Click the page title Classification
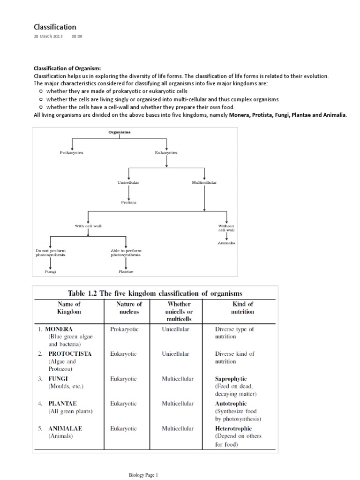(x=55, y=27)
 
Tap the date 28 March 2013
(x=48, y=36)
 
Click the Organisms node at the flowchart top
(x=120, y=133)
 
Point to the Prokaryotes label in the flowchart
(x=71, y=152)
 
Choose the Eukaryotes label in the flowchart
(x=166, y=152)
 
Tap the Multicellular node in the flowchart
(x=204, y=182)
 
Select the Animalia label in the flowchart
(x=226, y=243)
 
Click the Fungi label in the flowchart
(x=50, y=271)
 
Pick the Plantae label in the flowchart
(x=126, y=271)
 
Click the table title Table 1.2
(x=155, y=294)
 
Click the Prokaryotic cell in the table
(x=124, y=329)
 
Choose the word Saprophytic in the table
(x=231, y=379)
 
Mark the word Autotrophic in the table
(x=231, y=404)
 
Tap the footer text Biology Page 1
(x=144, y=475)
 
